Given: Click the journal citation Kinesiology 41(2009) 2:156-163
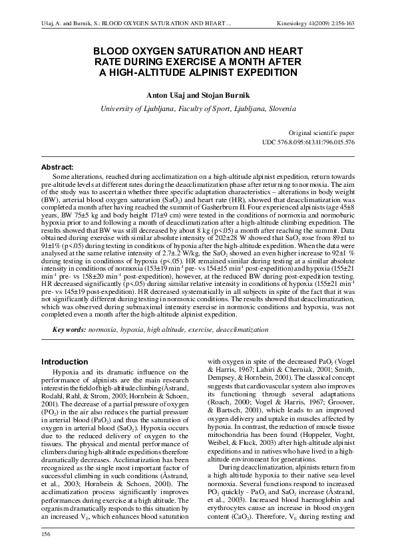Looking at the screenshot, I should click(329, 26).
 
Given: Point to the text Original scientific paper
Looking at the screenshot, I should click(321, 133).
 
